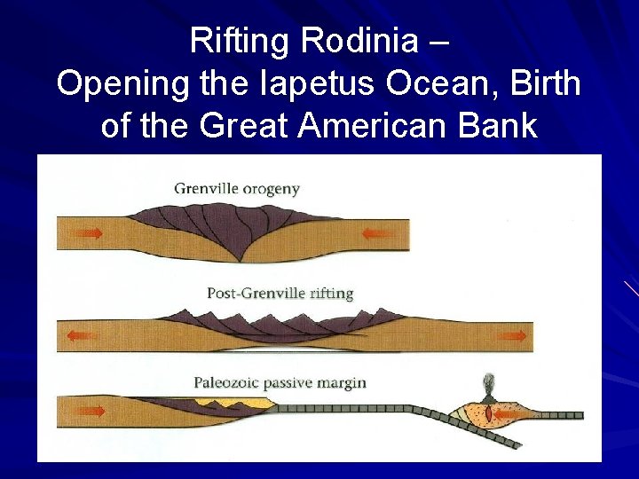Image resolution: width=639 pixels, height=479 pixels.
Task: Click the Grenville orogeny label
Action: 237,188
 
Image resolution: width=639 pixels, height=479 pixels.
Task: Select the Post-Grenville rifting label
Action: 280,293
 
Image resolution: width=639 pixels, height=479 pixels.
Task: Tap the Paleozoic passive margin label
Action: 280,383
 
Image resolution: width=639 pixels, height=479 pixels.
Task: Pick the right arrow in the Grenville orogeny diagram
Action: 379,234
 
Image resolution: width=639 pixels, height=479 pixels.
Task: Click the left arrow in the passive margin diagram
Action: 90,412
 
